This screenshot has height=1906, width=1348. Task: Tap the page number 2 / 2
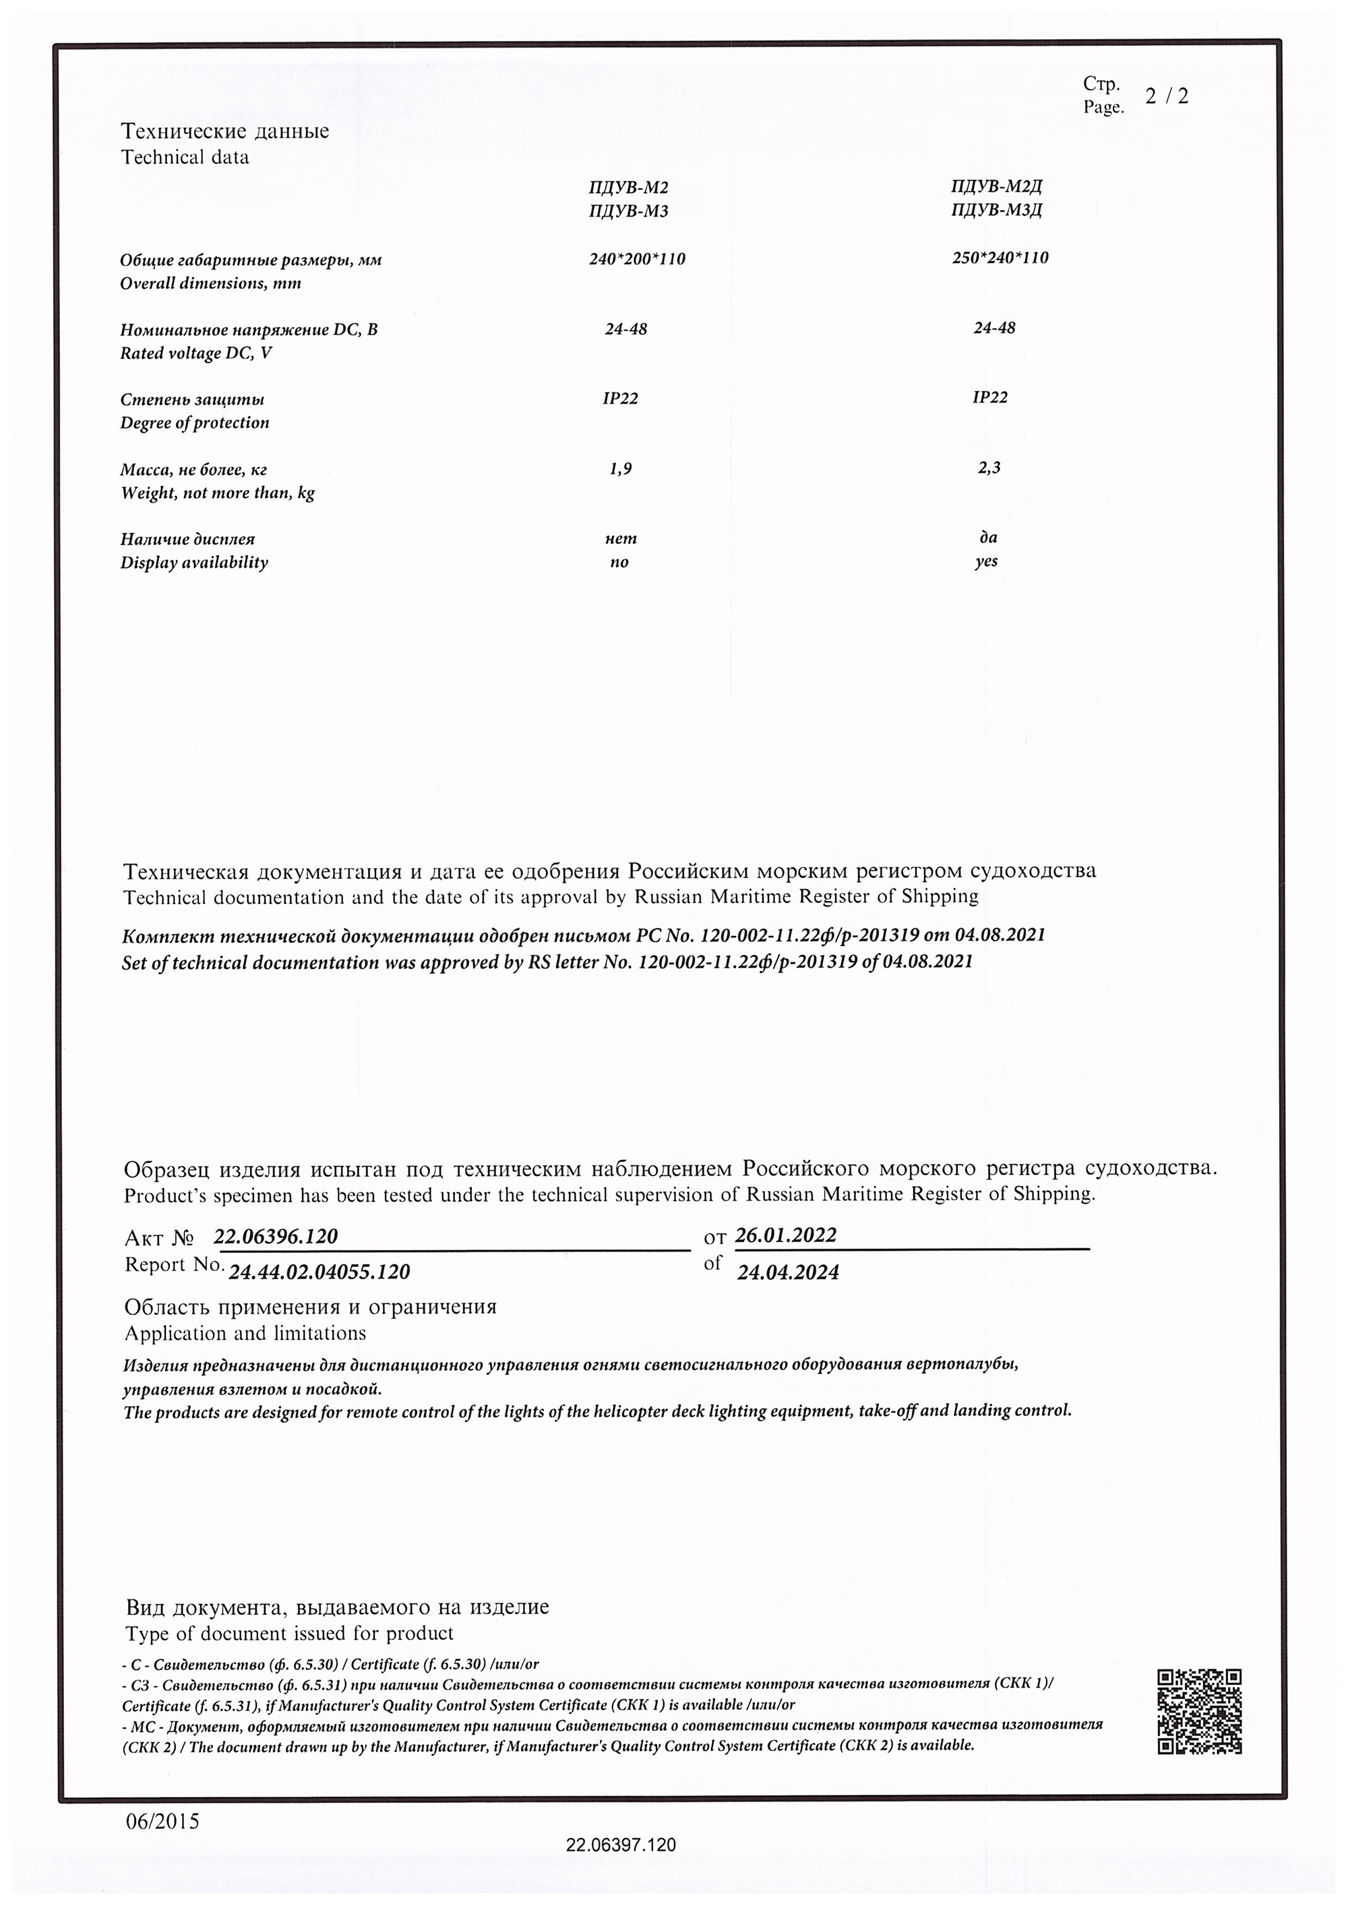click(x=1166, y=96)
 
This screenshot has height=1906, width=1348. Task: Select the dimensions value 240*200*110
click(x=637, y=259)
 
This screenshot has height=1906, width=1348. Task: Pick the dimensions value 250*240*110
click(x=1000, y=257)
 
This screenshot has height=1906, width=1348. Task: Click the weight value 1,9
click(x=620, y=469)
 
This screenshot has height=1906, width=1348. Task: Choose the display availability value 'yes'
click(x=986, y=561)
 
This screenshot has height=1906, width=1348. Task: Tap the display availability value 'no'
click(x=619, y=562)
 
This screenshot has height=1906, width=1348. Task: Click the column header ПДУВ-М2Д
click(x=996, y=186)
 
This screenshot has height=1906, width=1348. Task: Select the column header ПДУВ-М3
click(x=628, y=211)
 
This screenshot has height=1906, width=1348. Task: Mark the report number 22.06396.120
click(x=276, y=1236)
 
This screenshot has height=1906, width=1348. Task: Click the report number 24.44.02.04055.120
click(x=319, y=1272)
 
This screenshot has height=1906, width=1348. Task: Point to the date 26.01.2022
click(x=785, y=1235)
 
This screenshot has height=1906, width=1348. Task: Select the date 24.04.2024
click(x=788, y=1272)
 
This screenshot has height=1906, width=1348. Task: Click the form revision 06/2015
click(x=162, y=1820)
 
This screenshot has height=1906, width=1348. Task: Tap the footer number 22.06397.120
click(x=621, y=1845)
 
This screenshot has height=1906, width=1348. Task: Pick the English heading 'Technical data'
click(x=185, y=157)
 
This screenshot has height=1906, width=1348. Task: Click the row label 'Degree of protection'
click(x=195, y=423)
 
